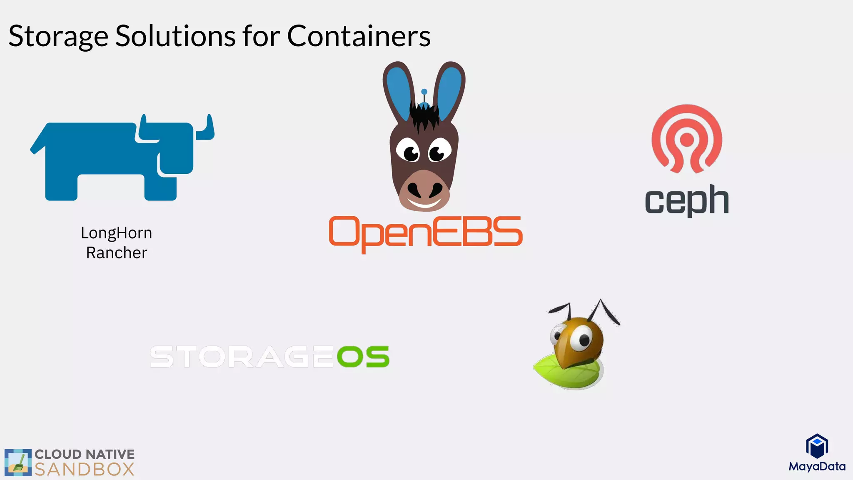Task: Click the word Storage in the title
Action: point(58,36)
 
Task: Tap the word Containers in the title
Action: point(359,36)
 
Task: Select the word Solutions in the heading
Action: point(175,36)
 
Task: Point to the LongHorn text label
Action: point(116,233)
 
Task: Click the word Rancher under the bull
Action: point(116,253)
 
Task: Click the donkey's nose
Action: point(424,190)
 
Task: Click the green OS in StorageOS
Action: point(363,357)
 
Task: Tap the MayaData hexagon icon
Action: point(817,446)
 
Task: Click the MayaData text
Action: point(817,466)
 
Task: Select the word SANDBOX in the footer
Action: point(85,470)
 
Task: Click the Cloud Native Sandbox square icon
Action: point(18,462)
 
